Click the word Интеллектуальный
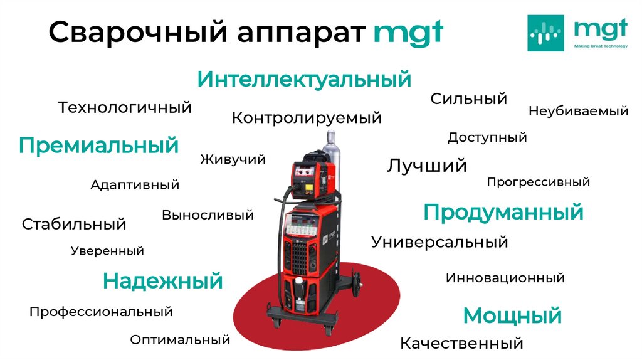(304, 80)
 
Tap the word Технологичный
(125, 107)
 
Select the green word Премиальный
(98, 146)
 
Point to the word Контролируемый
(307, 117)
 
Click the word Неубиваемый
(578, 111)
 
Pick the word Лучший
(427, 166)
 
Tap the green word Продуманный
(503, 212)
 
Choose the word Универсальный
(439, 241)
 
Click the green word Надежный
(163, 280)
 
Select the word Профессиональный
(101, 311)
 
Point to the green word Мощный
(512, 315)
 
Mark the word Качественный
(461, 343)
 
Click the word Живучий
(233, 159)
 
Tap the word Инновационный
(505, 277)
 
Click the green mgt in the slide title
(408, 33)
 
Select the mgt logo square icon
(545, 33)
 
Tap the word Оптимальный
(181, 340)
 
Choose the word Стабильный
(74, 224)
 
